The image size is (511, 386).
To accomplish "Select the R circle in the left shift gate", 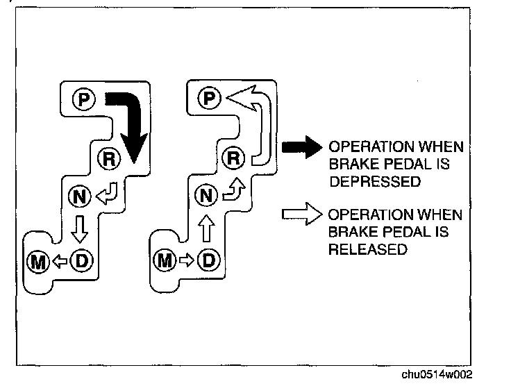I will tap(109, 159).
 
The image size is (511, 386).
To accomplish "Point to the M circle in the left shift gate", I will tap(37, 261).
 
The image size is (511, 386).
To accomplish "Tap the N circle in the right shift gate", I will tap(205, 196).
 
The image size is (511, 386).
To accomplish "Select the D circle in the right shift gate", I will tap(207, 261).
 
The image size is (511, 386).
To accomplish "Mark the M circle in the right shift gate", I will tap(164, 261).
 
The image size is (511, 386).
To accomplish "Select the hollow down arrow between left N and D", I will tap(81, 228).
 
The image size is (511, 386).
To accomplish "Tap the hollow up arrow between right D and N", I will tap(206, 228).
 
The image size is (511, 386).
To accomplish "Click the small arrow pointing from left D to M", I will tap(60, 261).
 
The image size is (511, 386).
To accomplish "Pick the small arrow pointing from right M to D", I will tap(185, 261).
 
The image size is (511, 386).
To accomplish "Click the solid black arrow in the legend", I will tap(299, 148).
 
